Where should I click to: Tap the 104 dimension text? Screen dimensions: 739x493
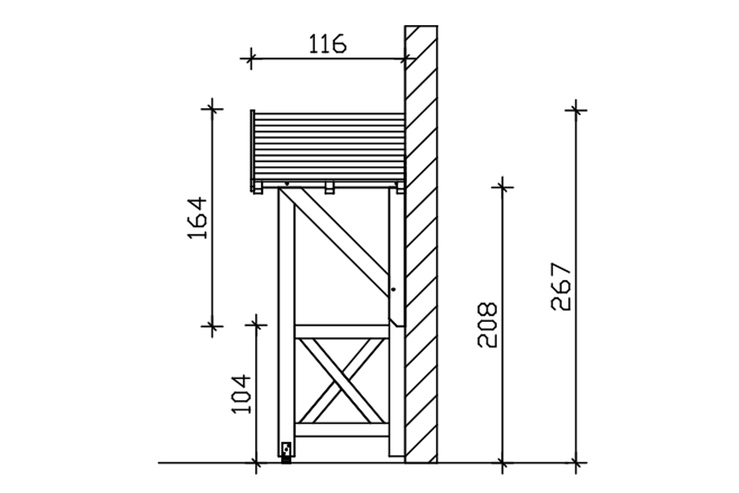point(241,394)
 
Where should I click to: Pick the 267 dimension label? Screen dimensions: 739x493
point(561,286)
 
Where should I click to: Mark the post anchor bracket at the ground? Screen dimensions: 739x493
point(286,453)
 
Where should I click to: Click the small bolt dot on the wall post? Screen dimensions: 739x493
point(394,289)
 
